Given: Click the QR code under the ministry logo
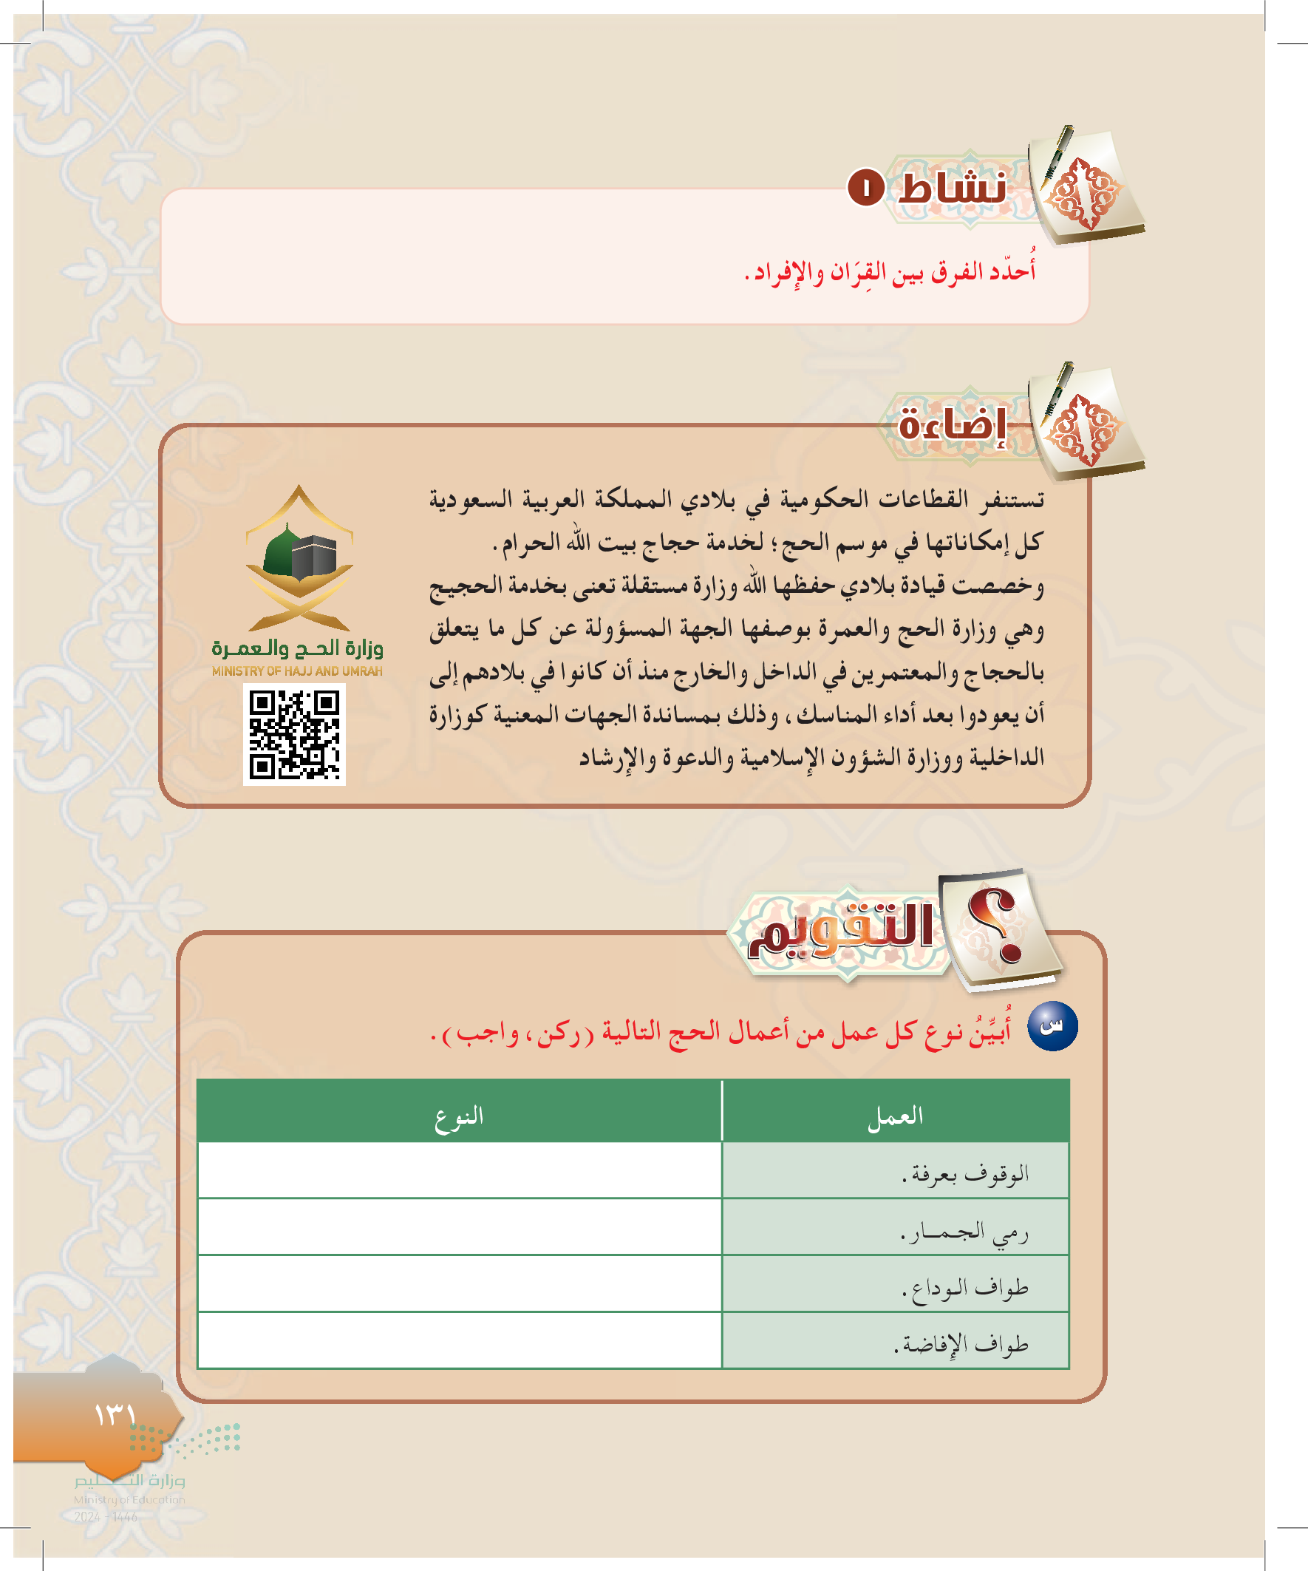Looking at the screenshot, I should pyautogui.click(x=294, y=734).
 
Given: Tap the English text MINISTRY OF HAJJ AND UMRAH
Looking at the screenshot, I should pyautogui.click(x=297, y=671).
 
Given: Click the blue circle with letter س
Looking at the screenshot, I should pyautogui.click(x=1052, y=1025).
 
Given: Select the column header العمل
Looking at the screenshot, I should pyautogui.click(x=895, y=1116).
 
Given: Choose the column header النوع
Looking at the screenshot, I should pyautogui.click(x=459, y=1116).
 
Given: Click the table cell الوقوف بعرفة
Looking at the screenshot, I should pyautogui.click(x=964, y=1173).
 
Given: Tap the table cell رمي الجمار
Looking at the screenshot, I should pyautogui.click(x=964, y=1230).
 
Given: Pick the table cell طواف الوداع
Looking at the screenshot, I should pyautogui.click(x=964, y=1286).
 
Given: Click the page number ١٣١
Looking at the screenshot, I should pyautogui.click(x=115, y=1414).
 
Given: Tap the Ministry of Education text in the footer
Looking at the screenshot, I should pyautogui.click(x=129, y=1499).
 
